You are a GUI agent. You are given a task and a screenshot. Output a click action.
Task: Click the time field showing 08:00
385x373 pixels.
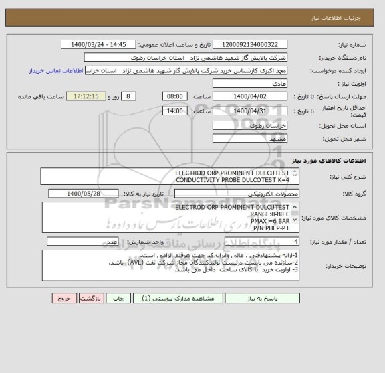pyautogui.click(x=174, y=96)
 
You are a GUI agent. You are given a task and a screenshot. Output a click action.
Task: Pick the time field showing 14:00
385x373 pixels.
pyautogui.click(x=174, y=110)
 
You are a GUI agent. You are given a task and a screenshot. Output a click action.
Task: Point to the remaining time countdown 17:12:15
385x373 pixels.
pyautogui.click(x=86, y=96)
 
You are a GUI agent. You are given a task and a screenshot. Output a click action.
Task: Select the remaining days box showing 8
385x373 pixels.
pyautogui.click(x=129, y=96)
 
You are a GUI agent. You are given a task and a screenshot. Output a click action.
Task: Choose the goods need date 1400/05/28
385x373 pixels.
pyautogui.click(x=84, y=194)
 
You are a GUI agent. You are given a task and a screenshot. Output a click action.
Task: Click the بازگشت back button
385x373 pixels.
pyautogui.click(x=92, y=299)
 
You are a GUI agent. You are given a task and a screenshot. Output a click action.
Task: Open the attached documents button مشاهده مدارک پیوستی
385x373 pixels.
pyautogui.click(x=162, y=299)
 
